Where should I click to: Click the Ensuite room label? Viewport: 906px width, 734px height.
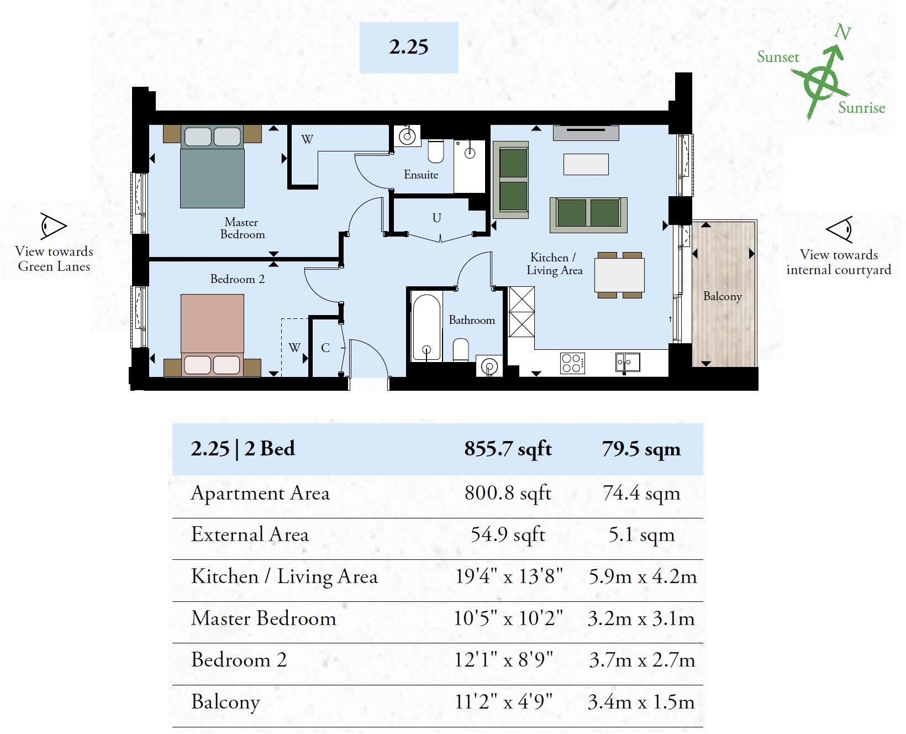point(421,175)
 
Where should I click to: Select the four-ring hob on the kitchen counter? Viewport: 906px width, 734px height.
point(572,363)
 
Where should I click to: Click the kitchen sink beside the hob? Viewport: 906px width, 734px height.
point(628,363)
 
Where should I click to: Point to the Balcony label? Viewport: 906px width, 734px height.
point(722,296)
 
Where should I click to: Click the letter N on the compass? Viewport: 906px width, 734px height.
point(842,33)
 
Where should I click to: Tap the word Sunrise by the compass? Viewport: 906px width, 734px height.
point(861,108)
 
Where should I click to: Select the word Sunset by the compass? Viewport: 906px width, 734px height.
point(778,57)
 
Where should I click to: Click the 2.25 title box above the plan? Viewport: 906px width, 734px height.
point(409,48)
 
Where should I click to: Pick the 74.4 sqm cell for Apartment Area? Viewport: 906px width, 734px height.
point(641,493)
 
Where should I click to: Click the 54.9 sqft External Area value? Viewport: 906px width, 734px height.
point(508,534)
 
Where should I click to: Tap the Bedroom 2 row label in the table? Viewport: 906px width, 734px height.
point(239,660)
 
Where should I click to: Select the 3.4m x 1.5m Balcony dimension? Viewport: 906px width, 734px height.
point(641,702)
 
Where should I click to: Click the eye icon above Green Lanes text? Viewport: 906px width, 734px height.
point(54,226)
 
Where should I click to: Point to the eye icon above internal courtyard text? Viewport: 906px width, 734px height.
point(839,229)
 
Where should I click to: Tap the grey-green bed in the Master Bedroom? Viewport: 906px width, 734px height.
point(213,169)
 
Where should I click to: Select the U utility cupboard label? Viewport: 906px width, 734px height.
point(436,218)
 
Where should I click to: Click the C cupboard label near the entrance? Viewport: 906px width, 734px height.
point(325,348)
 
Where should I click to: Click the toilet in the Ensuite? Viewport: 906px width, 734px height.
point(436,153)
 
